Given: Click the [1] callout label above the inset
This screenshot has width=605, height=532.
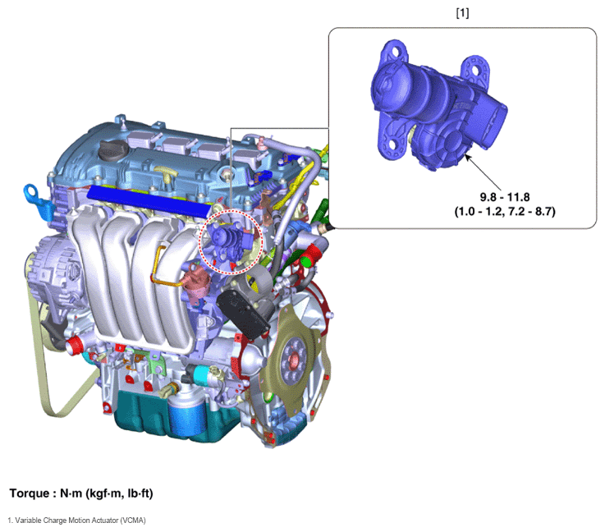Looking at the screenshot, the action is (x=462, y=13).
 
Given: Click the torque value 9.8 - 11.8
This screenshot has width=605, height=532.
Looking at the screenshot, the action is (x=505, y=197).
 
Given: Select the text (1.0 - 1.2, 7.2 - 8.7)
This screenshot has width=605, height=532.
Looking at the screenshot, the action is (x=505, y=212).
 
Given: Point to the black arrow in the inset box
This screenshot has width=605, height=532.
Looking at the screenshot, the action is (x=483, y=172).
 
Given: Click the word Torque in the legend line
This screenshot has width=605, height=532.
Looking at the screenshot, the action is (x=30, y=493).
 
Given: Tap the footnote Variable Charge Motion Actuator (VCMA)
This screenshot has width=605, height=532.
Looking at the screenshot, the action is (x=80, y=521).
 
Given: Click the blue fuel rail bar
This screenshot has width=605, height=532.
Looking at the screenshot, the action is (x=149, y=200).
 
